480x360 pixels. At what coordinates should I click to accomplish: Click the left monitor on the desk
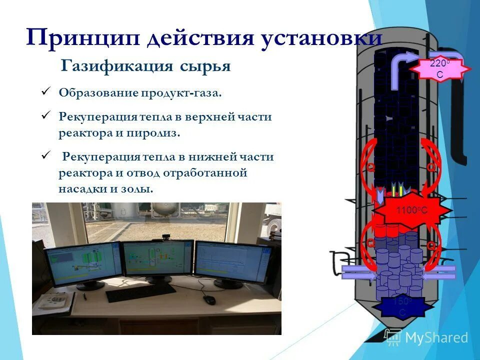click(x=82, y=264)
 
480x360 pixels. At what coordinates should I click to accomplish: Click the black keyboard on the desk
click(x=141, y=292)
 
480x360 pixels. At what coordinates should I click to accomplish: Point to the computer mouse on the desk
click(x=209, y=299)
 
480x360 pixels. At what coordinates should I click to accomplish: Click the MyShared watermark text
click(x=436, y=338)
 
